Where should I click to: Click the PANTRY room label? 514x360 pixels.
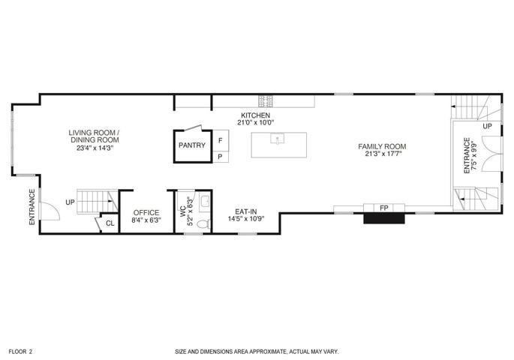click(192, 145)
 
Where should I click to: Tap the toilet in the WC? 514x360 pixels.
click(203, 223)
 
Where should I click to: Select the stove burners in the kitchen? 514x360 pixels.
click(266, 101)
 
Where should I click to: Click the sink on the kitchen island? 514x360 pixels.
click(278, 139)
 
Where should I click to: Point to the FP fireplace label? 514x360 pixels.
click(384, 208)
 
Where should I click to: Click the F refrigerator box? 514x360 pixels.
click(221, 140)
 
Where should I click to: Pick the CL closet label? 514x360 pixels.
click(110, 223)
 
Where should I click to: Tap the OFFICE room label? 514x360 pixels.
click(146, 212)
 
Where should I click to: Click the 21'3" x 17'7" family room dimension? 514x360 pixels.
click(382, 154)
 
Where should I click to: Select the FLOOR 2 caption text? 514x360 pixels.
click(20, 352)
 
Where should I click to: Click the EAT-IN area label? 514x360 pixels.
click(246, 211)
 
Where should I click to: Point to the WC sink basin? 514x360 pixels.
click(205, 202)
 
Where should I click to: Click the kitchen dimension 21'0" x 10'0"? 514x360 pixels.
click(255, 122)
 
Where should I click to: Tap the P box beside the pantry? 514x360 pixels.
click(221, 157)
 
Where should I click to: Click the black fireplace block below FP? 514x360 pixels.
click(384, 218)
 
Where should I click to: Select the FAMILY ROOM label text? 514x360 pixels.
click(382, 146)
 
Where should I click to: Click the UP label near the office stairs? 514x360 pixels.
click(70, 202)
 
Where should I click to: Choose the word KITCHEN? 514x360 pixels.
click(255, 115)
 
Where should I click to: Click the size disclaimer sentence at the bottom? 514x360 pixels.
click(257, 352)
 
